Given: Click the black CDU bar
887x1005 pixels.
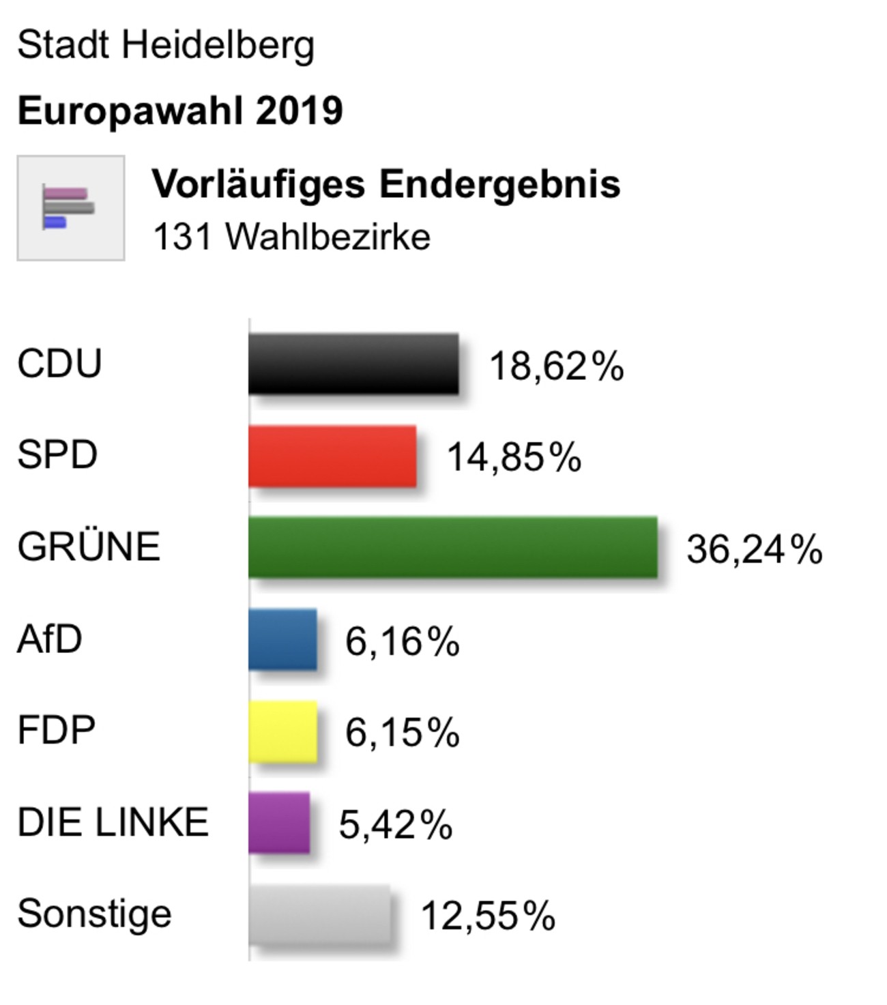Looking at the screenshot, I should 353,364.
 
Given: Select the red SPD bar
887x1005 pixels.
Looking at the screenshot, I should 332,456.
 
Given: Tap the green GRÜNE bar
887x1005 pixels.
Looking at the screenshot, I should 453,547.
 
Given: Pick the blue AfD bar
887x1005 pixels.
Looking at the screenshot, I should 282,639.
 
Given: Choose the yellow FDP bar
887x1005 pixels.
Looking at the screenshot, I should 282,731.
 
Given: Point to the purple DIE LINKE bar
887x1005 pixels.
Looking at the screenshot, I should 279,822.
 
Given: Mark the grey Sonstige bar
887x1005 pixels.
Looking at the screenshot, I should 319,914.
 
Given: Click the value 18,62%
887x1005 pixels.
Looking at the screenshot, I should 556,366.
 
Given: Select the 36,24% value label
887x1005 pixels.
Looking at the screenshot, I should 754,549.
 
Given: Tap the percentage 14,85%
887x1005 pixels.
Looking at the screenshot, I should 514,457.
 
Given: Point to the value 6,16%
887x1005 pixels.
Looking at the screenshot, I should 402,641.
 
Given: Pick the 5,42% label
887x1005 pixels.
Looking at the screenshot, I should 396,824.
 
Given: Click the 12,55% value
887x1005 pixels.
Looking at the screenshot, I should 488,916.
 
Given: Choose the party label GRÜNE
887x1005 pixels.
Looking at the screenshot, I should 89,547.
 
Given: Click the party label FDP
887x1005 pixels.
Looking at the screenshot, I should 57,730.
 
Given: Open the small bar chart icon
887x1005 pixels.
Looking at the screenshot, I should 70,207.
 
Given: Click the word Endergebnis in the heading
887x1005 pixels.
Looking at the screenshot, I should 499,184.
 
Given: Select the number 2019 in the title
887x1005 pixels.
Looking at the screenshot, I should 299,111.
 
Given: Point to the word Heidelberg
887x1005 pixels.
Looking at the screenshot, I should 218,46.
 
